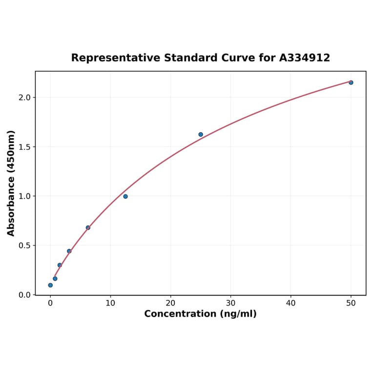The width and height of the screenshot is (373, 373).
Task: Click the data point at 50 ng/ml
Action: pos(351,83)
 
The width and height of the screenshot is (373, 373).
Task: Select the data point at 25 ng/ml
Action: pos(201,134)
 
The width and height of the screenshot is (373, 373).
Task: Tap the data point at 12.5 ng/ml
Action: pos(125,196)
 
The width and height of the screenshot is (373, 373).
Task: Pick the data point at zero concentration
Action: pos(50,285)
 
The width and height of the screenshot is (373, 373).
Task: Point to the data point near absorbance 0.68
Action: pos(88,228)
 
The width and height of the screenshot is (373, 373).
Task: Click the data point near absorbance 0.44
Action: pos(69,251)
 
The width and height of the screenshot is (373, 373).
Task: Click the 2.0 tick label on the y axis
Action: pos(25,98)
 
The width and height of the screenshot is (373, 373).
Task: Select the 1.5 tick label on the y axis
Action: pos(25,147)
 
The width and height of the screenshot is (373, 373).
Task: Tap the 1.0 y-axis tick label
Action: pos(25,196)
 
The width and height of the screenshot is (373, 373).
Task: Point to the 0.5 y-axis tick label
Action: pos(25,246)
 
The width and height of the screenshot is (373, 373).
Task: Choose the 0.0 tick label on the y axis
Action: pos(25,295)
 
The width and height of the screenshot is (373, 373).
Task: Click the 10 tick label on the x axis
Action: pos(110,303)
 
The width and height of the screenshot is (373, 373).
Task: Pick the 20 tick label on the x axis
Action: pos(170,303)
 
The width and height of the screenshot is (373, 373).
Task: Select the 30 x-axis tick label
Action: pos(231,303)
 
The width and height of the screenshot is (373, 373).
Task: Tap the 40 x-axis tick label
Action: pos(291,303)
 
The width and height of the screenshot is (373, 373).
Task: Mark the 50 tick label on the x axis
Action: pos(351,303)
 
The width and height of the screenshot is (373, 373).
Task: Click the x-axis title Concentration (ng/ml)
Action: pos(200,314)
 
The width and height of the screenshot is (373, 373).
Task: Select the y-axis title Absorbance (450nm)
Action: pos(11,183)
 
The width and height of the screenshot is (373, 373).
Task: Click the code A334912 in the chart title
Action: pos(305,58)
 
